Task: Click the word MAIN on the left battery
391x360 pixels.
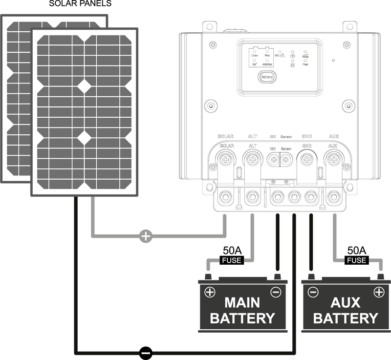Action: pyautogui.click(x=242, y=301)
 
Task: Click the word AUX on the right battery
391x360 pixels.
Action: pyautogui.click(x=346, y=301)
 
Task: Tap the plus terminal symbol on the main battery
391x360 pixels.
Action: pyautogui.click(x=210, y=292)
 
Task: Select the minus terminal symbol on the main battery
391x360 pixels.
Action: pyautogui.click(x=276, y=292)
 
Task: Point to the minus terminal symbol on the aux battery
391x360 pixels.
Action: pyautogui.click(x=313, y=292)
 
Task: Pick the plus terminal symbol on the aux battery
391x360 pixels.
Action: pyautogui.click(x=379, y=292)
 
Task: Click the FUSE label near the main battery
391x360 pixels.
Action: pyautogui.click(x=231, y=260)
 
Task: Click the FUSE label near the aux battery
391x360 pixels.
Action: pyautogui.click(x=356, y=260)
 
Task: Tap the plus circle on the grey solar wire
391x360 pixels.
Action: pyautogui.click(x=145, y=236)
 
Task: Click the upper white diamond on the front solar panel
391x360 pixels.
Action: pyautogui.click(x=85, y=86)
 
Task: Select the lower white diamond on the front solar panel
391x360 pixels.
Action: pyautogui.click(x=85, y=138)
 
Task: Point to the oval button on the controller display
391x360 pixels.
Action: pyautogui.click(x=266, y=77)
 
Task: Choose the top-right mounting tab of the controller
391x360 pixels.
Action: pyautogui.click(x=348, y=26)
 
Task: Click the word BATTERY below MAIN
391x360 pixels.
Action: pyautogui.click(x=242, y=318)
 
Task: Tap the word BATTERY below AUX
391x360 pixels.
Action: pyautogui.click(x=346, y=318)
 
